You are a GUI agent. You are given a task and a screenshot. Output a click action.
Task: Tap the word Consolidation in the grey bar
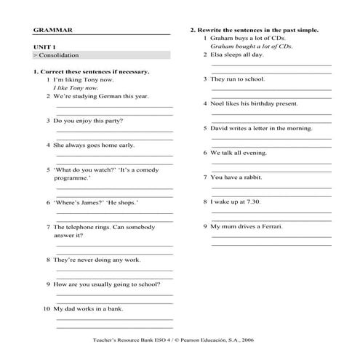click(x=59, y=55)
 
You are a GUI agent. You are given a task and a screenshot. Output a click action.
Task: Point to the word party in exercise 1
click(x=111, y=120)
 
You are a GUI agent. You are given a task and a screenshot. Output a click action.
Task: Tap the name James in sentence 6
click(x=87, y=202)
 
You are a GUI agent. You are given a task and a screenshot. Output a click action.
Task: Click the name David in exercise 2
click(x=220, y=128)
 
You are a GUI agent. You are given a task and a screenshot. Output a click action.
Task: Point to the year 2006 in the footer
click(x=260, y=340)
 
